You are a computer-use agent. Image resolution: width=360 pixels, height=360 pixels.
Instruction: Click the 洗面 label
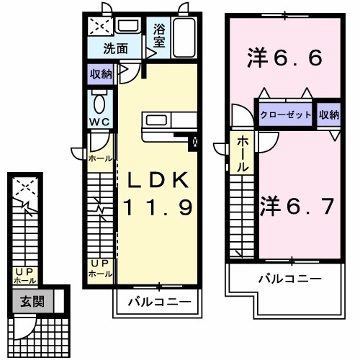[115, 50]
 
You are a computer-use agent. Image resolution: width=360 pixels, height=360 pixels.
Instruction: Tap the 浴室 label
[159, 37]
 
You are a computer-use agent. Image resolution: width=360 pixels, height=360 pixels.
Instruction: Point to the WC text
[99, 122]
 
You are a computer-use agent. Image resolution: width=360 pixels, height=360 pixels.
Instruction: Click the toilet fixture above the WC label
[99, 100]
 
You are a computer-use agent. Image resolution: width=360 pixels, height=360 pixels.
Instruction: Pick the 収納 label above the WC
[101, 73]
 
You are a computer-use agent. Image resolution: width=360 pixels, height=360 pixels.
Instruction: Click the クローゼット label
[286, 115]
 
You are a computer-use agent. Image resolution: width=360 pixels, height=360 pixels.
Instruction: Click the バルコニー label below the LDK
[156, 302]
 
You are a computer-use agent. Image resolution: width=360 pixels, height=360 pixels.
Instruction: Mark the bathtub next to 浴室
[184, 36]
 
